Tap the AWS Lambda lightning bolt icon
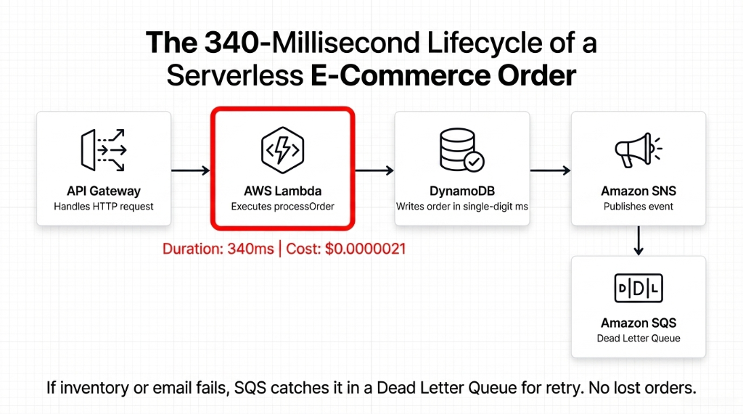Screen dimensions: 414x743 (x=282, y=150)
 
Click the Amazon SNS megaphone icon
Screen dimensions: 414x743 (x=638, y=150)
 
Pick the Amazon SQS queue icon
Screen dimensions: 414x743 (x=638, y=288)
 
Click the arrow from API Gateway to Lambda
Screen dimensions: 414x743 (x=190, y=170)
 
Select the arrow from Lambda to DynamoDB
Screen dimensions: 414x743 (x=374, y=170)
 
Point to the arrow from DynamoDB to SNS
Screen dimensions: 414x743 (x=551, y=170)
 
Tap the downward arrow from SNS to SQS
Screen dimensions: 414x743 (x=639, y=240)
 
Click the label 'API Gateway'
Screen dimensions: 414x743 (x=103, y=191)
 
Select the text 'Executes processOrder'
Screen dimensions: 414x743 (x=282, y=207)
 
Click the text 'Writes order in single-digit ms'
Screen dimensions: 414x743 (x=461, y=207)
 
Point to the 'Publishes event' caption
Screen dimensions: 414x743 (x=639, y=207)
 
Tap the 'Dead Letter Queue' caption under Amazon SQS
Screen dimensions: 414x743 (x=639, y=338)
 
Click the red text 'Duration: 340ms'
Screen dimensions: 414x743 (x=218, y=249)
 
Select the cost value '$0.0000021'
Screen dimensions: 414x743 (x=365, y=249)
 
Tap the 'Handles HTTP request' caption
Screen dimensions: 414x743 (x=103, y=207)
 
